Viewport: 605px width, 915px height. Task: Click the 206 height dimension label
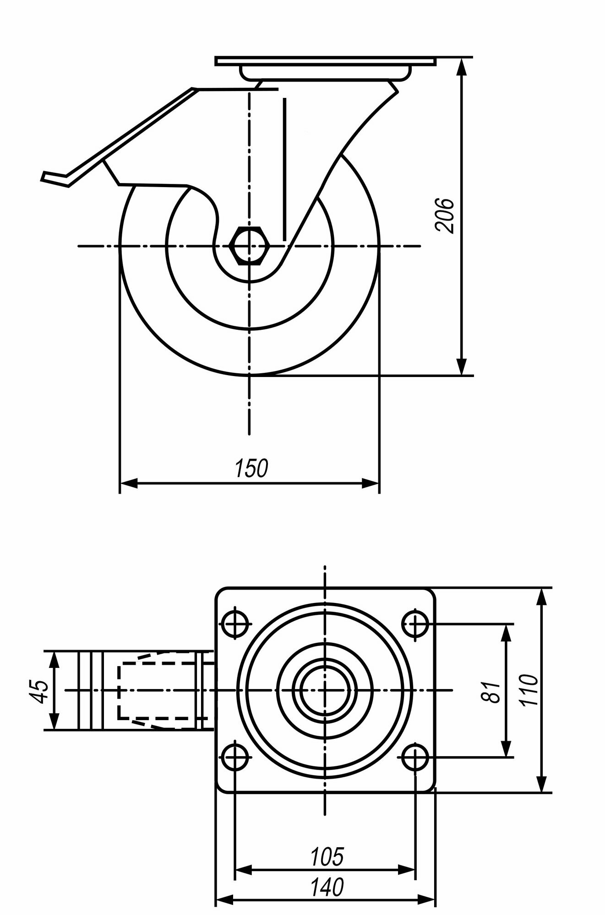pyautogui.click(x=444, y=215)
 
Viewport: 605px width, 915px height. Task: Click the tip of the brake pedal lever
pyautogui.click(x=45, y=177)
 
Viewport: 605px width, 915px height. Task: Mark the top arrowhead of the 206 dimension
pyautogui.click(x=462, y=66)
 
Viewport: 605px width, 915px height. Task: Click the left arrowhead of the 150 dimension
pyautogui.click(x=128, y=483)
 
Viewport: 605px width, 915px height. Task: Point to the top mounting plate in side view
pyautogui.click(x=325, y=61)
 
